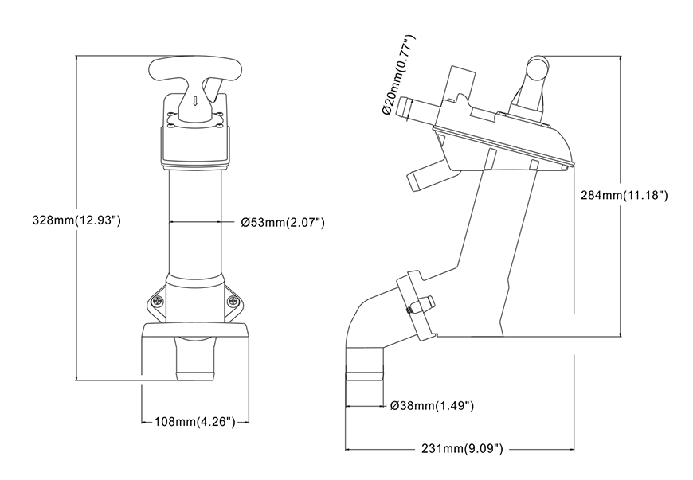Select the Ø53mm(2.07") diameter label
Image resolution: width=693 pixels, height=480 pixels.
282,222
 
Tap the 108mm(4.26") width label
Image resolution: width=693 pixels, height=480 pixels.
195,423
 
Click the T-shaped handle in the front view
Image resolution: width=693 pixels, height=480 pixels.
194,75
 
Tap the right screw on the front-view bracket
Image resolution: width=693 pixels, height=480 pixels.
233,301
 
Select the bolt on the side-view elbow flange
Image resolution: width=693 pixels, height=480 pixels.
421,306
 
